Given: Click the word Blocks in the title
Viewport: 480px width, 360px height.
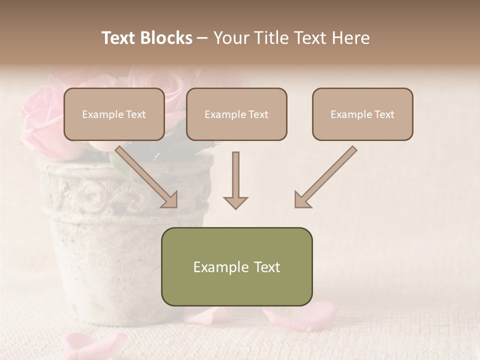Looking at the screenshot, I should (167, 38).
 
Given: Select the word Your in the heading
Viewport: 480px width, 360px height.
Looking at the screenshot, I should (230, 38).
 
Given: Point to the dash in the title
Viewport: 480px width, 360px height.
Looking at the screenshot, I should (202, 38).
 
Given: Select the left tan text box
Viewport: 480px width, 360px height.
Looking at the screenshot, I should (114, 114).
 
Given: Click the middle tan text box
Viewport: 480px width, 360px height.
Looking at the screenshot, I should (236, 114).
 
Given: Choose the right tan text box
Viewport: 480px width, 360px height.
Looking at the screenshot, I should (362, 114).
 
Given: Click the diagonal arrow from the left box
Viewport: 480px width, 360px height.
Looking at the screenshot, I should (147, 177).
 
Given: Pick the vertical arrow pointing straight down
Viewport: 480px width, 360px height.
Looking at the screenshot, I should (235, 180).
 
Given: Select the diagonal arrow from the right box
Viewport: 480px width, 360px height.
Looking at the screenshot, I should (325, 177).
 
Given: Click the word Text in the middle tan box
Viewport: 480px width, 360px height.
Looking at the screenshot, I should (258, 114).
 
